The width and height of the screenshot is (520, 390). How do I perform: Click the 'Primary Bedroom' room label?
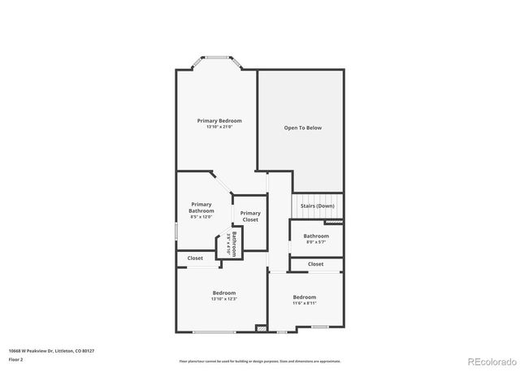[x=219, y=121]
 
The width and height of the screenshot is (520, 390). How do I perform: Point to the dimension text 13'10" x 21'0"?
[x=219, y=127]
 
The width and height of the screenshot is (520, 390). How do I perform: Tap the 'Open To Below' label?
[x=302, y=128]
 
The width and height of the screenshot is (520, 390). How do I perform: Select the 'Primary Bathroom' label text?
[x=201, y=207]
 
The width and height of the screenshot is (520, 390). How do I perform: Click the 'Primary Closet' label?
[x=250, y=216]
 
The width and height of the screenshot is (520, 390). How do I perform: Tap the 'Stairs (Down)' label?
[x=317, y=206]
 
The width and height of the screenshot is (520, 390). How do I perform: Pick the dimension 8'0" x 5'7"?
[x=316, y=242]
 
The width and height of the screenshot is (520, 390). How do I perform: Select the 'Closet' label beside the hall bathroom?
[x=315, y=264]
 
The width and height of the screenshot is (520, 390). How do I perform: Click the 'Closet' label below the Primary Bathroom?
[x=195, y=258]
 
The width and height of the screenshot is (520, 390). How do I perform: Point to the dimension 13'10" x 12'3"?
[x=224, y=299]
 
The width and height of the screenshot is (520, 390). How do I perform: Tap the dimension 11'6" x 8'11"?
[x=305, y=303]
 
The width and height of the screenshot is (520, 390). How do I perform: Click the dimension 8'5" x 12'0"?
[x=201, y=217]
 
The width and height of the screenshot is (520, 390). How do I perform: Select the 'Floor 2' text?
[x=16, y=358]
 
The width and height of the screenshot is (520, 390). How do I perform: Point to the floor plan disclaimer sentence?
[x=260, y=361]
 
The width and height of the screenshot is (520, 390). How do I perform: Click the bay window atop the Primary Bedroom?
[x=215, y=58]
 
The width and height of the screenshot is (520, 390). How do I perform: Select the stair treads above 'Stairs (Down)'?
[x=318, y=197]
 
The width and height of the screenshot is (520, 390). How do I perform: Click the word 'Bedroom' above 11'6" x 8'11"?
[x=305, y=297]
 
